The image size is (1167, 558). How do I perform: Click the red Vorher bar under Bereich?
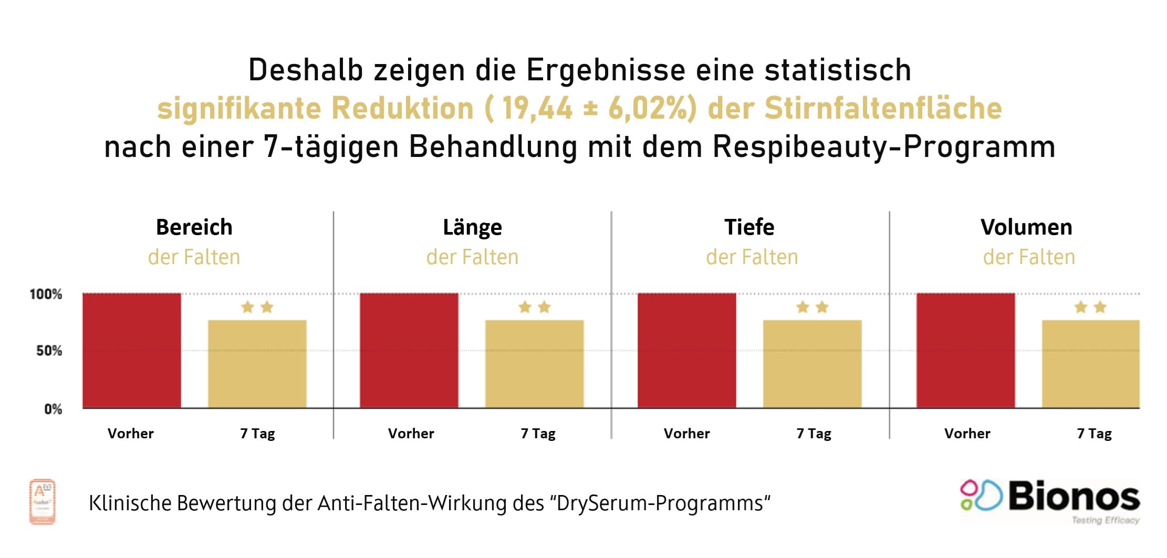tap(132, 350)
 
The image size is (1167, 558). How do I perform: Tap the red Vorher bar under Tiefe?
tap(686, 350)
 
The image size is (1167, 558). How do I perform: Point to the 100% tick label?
tap(46, 294)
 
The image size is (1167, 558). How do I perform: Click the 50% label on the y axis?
tap(49, 351)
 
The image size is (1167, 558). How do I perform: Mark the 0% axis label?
tap(53, 409)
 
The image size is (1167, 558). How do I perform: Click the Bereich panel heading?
tap(194, 227)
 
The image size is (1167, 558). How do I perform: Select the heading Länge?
tap(472, 227)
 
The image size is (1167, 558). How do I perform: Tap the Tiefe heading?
tap(749, 227)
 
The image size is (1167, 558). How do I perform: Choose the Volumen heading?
tap(1026, 227)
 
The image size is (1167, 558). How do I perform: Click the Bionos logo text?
tap(1074, 496)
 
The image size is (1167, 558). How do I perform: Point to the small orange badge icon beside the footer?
tap(42, 502)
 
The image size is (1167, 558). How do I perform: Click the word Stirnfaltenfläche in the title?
tap(882, 108)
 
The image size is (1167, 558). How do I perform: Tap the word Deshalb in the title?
tap(305, 70)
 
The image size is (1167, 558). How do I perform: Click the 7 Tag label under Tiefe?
tap(814, 434)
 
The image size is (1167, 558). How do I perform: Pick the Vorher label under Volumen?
tap(967, 434)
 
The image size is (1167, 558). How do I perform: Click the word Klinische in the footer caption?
tap(130, 503)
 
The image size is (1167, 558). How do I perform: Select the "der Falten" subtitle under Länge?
tap(472, 257)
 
